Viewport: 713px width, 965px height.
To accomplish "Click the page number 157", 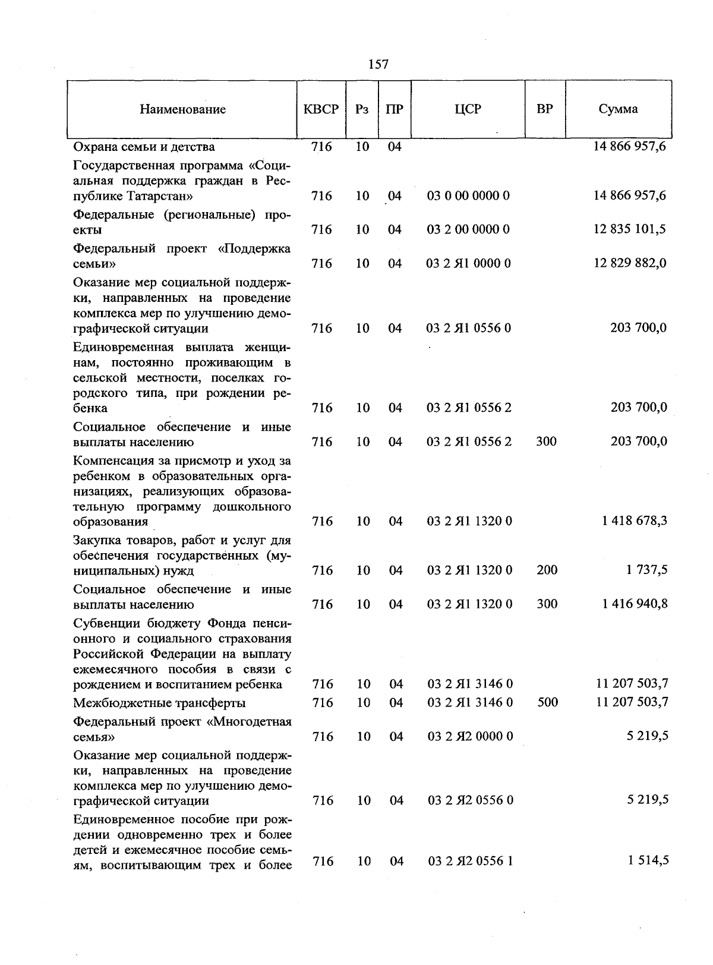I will point(378,64).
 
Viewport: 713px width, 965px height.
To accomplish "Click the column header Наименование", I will point(183,109).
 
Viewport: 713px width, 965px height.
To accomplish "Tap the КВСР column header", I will point(321,109).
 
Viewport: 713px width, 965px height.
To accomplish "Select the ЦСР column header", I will point(468,109).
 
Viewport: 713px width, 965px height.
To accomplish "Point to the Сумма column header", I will point(618,109).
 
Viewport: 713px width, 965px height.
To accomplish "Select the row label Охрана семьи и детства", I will point(144,147).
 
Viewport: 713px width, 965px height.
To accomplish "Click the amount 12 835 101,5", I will point(630,229).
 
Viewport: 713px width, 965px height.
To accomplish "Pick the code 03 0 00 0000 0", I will point(468,196).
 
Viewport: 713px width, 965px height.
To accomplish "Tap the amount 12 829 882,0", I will point(630,263).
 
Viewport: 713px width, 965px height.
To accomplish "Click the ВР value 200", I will point(547,570).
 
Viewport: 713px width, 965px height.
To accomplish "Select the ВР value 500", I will point(547,703).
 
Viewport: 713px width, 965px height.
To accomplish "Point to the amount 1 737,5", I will point(646,570).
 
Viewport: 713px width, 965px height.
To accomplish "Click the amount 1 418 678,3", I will point(634,521).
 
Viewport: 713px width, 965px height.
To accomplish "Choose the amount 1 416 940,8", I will point(634,604).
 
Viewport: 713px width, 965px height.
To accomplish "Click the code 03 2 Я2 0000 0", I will point(470,737).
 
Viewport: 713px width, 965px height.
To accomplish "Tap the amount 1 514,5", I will point(648,860).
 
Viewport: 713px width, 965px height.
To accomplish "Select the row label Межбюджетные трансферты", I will point(159,704).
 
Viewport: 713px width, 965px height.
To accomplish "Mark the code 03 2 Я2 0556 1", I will point(470,861).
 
